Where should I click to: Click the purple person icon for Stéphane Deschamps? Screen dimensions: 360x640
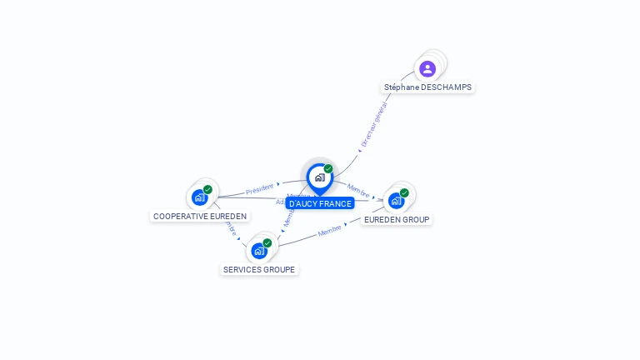coord(427,68)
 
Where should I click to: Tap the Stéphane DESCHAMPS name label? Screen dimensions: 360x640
coord(427,87)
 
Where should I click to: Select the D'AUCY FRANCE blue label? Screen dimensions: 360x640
coord(320,203)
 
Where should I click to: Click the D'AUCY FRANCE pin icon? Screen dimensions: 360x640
coord(319,177)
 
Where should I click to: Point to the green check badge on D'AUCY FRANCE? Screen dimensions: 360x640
coord(328,168)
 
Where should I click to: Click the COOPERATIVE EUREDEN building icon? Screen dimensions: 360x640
coord(199,197)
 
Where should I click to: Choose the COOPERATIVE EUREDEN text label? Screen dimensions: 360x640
coord(200,216)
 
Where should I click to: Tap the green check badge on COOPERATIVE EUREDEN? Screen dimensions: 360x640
coord(207,189)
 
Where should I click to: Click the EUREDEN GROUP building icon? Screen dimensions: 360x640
coord(396,200)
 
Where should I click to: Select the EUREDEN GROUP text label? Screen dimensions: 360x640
coord(397,219)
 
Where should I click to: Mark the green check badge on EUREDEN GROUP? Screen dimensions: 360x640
coord(404,192)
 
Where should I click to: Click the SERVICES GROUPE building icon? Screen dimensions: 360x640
coord(259,250)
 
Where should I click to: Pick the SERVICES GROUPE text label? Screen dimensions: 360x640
coord(259,269)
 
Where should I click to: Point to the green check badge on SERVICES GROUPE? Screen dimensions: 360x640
coord(267,242)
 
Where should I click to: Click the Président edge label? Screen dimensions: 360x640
coord(260,188)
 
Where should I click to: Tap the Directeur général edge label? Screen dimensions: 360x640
coord(374,125)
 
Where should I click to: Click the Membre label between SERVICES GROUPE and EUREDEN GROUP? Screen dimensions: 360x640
coord(330,231)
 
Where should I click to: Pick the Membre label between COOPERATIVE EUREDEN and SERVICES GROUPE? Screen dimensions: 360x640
coord(231,227)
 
